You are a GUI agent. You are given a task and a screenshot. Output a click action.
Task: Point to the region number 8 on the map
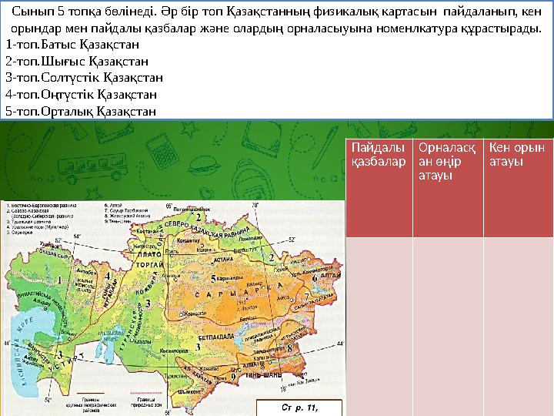point(289,348)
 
